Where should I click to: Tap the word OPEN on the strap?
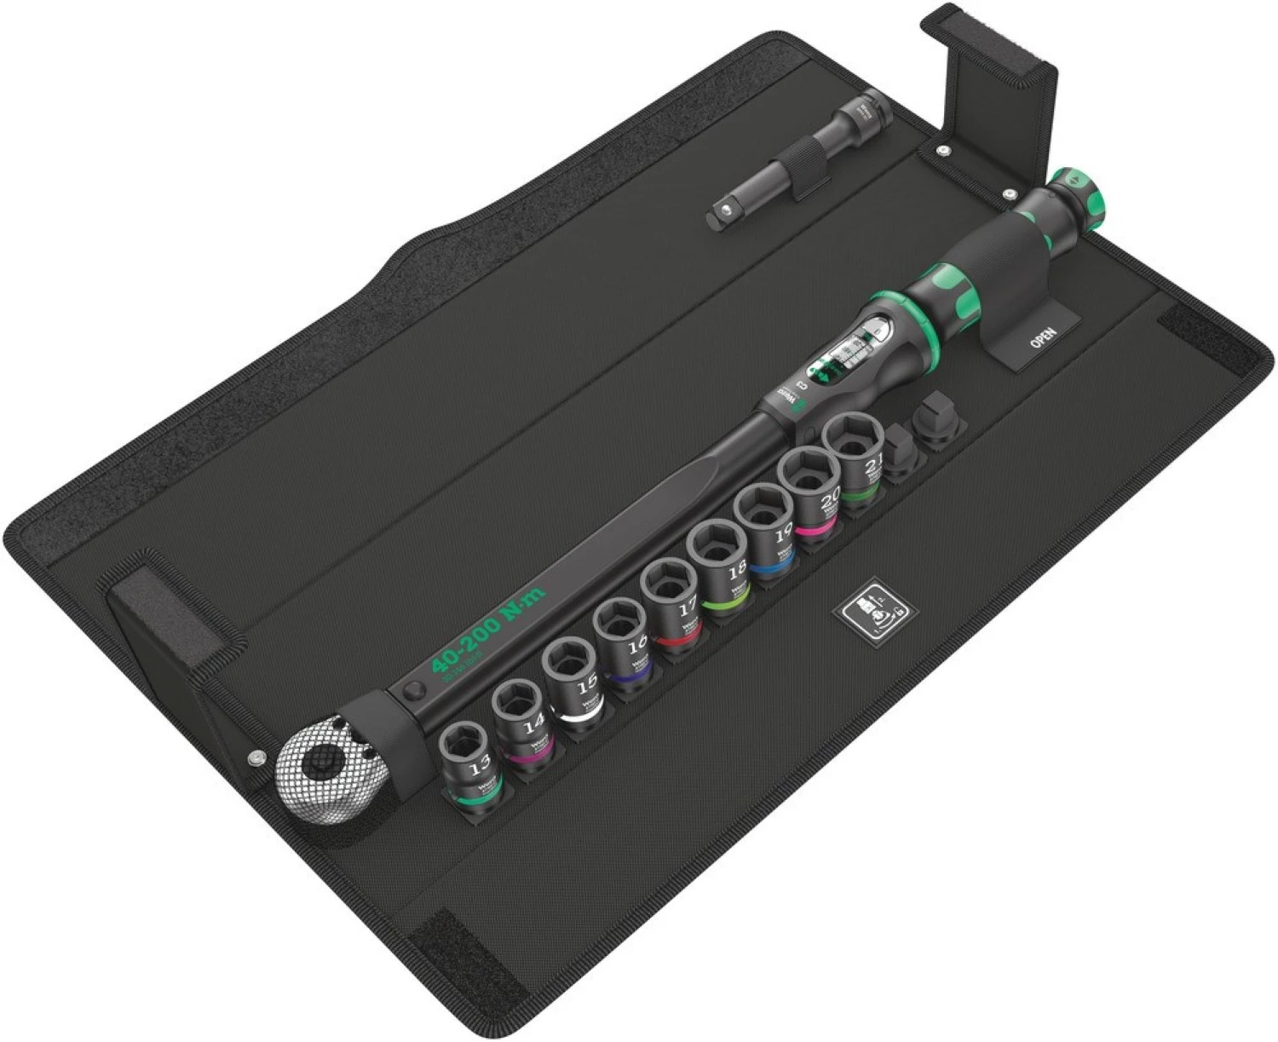pos(1043,337)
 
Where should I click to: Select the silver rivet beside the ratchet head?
pos(254,757)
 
